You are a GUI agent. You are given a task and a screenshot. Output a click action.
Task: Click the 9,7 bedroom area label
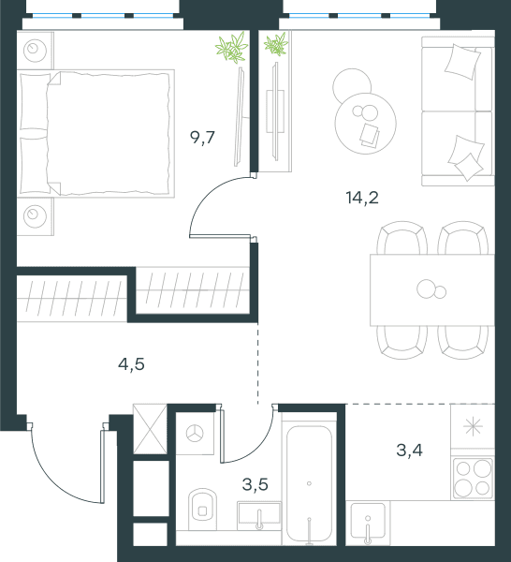pyautogui.click(x=202, y=138)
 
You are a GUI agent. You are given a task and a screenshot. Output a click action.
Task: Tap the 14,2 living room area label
pyautogui.click(x=362, y=198)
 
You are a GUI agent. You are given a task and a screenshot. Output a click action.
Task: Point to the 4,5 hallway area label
pyautogui.click(x=131, y=364)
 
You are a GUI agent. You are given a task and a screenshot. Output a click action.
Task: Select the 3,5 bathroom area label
pyautogui.click(x=255, y=484)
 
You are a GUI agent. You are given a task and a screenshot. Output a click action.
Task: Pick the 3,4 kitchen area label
pyautogui.click(x=409, y=451)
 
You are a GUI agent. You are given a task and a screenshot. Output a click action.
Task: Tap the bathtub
pyautogui.click(x=309, y=484)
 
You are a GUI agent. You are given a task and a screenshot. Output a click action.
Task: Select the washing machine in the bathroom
pyautogui.click(x=195, y=434)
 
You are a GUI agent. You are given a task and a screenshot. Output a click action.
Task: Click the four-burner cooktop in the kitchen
pyautogui.click(x=473, y=479)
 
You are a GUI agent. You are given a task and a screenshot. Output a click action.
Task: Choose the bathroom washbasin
pyautogui.click(x=259, y=515)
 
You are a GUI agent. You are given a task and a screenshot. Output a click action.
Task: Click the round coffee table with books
pyautogui.click(x=366, y=123)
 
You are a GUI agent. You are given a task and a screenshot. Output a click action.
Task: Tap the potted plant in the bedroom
pyautogui.click(x=232, y=48)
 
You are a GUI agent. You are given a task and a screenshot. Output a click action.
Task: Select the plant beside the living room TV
pyautogui.click(x=276, y=44)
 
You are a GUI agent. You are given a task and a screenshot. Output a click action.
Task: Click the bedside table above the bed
pyautogui.click(x=35, y=51)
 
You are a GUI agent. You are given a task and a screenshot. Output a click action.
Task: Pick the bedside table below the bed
pyautogui.click(x=35, y=216)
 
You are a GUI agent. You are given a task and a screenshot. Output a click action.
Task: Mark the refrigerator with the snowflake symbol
pyautogui.click(x=473, y=426)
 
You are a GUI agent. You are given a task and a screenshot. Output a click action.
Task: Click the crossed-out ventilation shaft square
pyautogui.click(x=150, y=429)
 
